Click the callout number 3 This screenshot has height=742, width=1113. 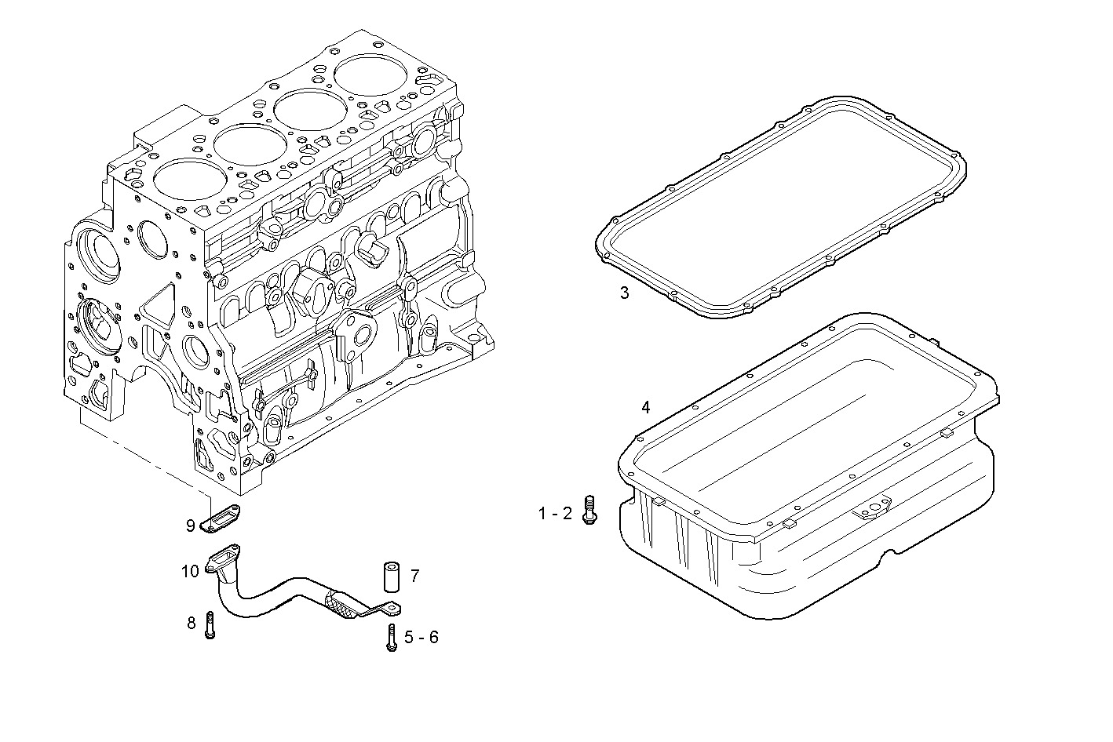point(624,293)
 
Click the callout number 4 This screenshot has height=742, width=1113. point(645,407)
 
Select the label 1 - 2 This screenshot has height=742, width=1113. point(555,514)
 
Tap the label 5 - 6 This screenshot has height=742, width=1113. point(421,637)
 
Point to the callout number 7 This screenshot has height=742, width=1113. point(414,577)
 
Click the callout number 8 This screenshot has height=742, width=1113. point(192,624)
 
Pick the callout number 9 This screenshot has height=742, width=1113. point(190,526)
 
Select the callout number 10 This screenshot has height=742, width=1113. point(191,571)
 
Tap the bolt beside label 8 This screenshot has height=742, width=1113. point(210,625)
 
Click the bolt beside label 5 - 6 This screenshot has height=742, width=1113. point(391,637)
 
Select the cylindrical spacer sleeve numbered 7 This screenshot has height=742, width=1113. point(392,577)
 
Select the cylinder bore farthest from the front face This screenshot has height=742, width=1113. point(370,77)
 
